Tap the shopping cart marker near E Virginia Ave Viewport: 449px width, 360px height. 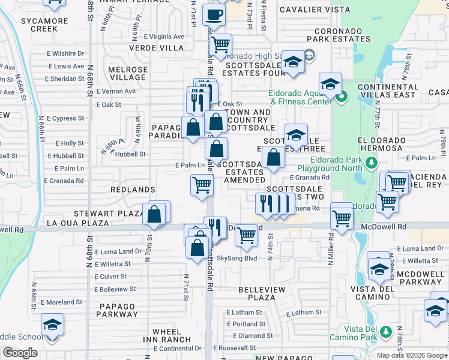pos(221,44)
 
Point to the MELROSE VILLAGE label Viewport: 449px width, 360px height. pos(128,73)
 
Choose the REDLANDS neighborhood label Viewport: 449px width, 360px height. pos(133,189)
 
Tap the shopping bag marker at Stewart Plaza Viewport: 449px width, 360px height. pos(154,214)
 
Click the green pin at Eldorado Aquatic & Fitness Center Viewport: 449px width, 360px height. pos(342,96)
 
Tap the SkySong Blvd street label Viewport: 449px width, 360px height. pos(237,259)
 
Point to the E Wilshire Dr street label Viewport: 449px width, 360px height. pos(67,53)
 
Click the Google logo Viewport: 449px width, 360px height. pos(20,353)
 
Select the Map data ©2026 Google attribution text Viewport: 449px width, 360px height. pos(411,355)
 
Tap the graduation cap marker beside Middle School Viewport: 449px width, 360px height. pos(52,325)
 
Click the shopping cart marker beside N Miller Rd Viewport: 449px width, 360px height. pos(342,217)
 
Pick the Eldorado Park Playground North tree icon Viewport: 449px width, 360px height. pos(372,163)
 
